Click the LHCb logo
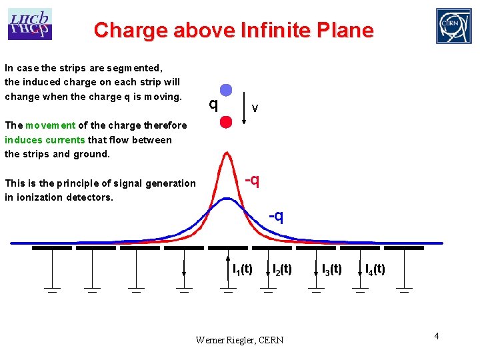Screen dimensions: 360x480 [x=30, y=24]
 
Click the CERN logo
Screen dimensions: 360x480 [x=453, y=26]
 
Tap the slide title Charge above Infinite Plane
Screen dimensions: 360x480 [x=233, y=30]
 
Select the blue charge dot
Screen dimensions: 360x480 [x=226, y=90]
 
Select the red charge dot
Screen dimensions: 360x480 [x=226, y=121]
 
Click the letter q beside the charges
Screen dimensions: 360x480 [x=213, y=105]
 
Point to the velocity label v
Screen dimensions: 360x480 [x=255, y=108]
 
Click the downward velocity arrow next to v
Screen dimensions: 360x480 [x=245, y=107]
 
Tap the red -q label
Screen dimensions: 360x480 [x=252, y=180]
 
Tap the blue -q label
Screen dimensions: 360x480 [x=276, y=216]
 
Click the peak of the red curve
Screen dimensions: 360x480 [x=226, y=155]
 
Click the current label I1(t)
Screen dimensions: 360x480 [x=242, y=269]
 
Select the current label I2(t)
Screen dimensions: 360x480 [x=282, y=269]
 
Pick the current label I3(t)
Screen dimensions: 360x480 [x=331, y=269]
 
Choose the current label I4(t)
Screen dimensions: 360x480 [x=375, y=269]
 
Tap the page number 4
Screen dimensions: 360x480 [x=436, y=335]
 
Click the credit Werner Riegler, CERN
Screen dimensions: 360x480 [x=239, y=340]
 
